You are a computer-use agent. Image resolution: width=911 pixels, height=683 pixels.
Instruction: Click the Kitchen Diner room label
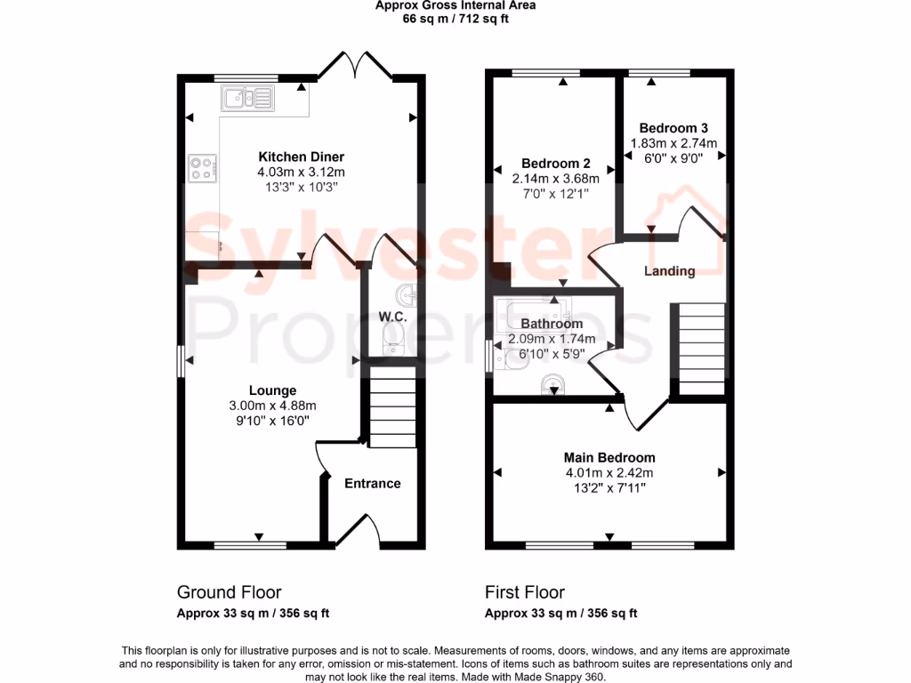(301, 157)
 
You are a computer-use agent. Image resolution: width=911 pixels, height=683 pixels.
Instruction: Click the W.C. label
(392, 317)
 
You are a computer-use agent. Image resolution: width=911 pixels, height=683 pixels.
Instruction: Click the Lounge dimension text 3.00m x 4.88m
(272, 406)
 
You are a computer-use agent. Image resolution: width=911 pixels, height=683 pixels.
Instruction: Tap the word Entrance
(372, 484)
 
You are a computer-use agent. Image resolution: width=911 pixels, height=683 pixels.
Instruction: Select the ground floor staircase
(391, 414)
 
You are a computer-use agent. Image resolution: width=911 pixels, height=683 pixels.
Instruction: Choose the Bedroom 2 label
(556, 164)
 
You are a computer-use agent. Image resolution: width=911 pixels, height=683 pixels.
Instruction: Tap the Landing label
(669, 271)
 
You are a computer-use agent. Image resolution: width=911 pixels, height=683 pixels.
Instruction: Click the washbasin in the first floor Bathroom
(553, 383)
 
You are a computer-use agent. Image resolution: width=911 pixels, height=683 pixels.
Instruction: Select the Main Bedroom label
(609, 458)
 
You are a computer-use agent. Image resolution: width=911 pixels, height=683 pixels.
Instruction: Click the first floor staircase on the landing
(701, 348)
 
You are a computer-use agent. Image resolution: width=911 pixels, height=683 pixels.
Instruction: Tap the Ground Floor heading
(229, 592)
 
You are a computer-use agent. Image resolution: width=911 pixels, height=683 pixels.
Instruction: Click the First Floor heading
(525, 592)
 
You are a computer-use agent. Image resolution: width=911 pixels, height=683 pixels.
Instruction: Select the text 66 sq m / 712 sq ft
(455, 18)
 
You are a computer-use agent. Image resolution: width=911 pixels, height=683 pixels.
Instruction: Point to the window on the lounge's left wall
(180, 361)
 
